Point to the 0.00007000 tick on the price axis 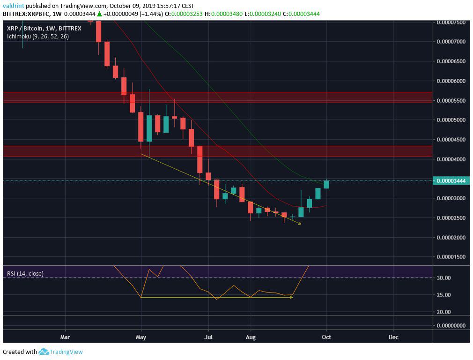(x=451, y=42)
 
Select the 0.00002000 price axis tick (x=451, y=238)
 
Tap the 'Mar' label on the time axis (x=65, y=337)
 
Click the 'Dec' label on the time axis (x=393, y=337)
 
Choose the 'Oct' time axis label (x=326, y=337)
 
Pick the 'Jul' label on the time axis (x=209, y=337)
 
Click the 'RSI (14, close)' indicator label (x=25, y=273)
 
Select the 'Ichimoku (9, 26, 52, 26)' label (x=37, y=36)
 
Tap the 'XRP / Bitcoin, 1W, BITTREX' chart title (x=44, y=28)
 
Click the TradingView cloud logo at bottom (x=44, y=352)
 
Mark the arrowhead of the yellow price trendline (x=300, y=224)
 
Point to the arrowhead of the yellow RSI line (x=291, y=297)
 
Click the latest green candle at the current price (x=326, y=184)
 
